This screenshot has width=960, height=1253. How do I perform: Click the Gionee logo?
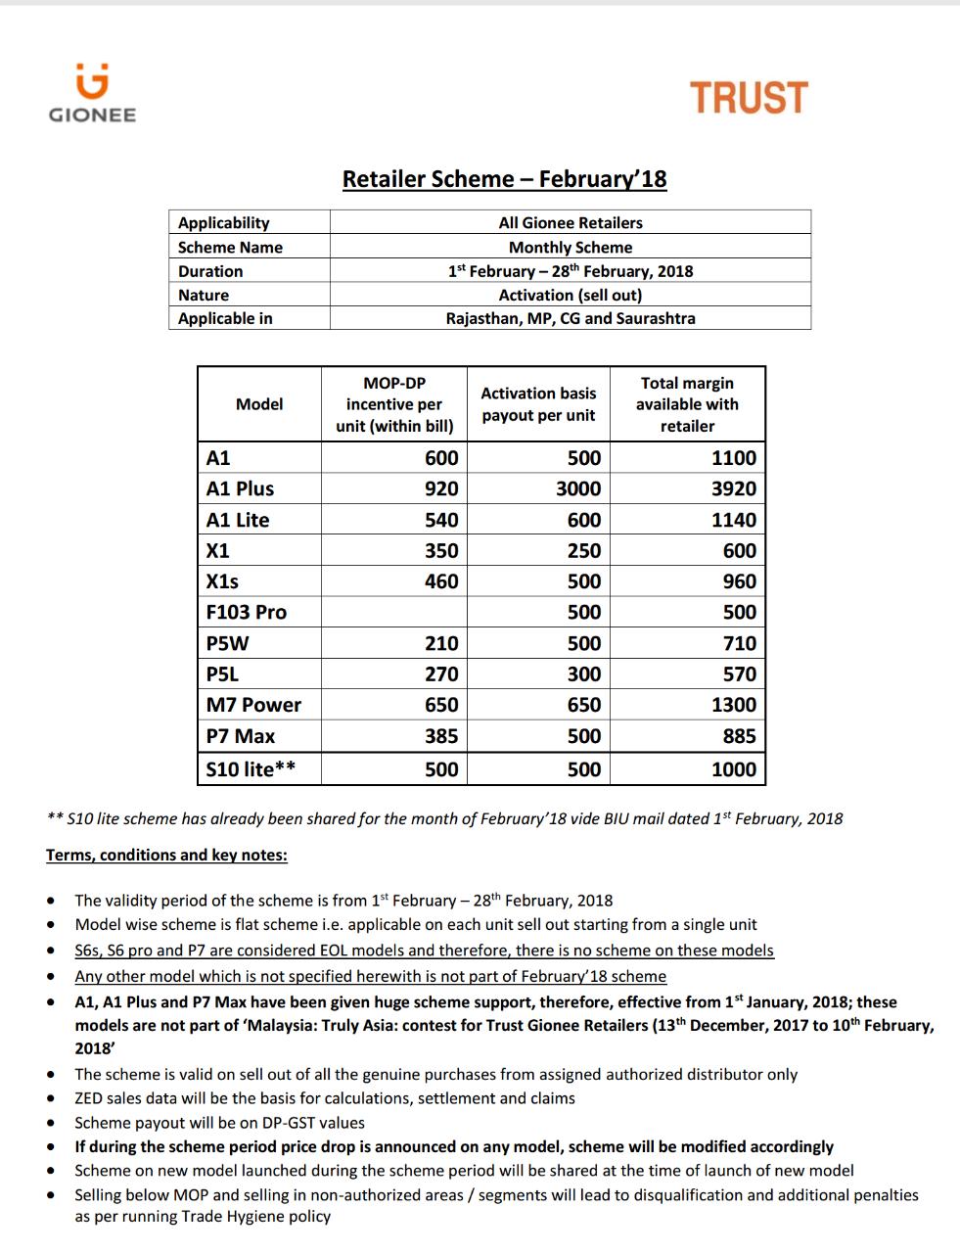[x=92, y=94]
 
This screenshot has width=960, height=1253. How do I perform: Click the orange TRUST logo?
[x=749, y=98]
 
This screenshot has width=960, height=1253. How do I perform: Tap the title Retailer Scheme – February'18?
[x=504, y=179]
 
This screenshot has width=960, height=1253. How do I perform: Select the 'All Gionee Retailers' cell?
[x=571, y=223]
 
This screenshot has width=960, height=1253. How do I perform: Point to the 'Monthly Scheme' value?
[x=571, y=248]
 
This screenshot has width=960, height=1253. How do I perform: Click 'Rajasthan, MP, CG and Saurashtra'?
[x=571, y=318]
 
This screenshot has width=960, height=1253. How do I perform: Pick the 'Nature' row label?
[x=204, y=295]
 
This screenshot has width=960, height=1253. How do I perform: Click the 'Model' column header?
[x=259, y=404]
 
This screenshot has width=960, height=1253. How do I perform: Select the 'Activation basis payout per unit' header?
[x=538, y=404]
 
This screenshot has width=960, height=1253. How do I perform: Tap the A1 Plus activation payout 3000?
[x=578, y=488]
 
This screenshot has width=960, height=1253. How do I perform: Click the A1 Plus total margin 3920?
[x=733, y=488]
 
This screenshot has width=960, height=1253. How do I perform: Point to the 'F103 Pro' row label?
[x=247, y=612]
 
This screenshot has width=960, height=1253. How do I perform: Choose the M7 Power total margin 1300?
[x=733, y=705]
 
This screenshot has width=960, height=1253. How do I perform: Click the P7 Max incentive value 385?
[x=441, y=736]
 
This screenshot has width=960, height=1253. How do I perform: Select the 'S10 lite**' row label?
[x=251, y=769]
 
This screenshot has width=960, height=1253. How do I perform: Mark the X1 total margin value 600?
[x=739, y=550]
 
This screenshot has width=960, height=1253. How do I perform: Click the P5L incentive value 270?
[x=441, y=673]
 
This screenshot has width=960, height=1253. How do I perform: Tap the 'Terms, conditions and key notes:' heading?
[x=166, y=855]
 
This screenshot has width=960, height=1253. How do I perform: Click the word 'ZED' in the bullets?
[x=90, y=1098]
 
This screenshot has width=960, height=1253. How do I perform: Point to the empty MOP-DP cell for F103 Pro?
[x=394, y=612]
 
